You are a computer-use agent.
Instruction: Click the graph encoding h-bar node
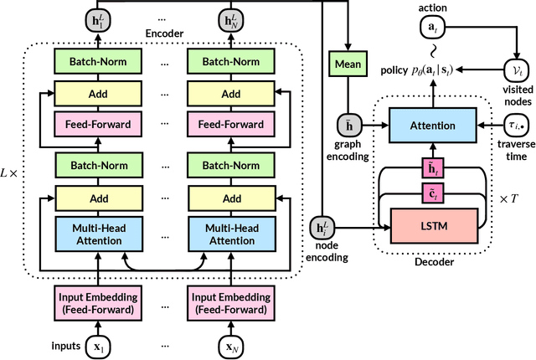(x=343, y=126)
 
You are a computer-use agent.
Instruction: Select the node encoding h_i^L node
(x=320, y=227)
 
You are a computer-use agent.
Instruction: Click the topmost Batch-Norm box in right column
(x=227, y=61)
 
